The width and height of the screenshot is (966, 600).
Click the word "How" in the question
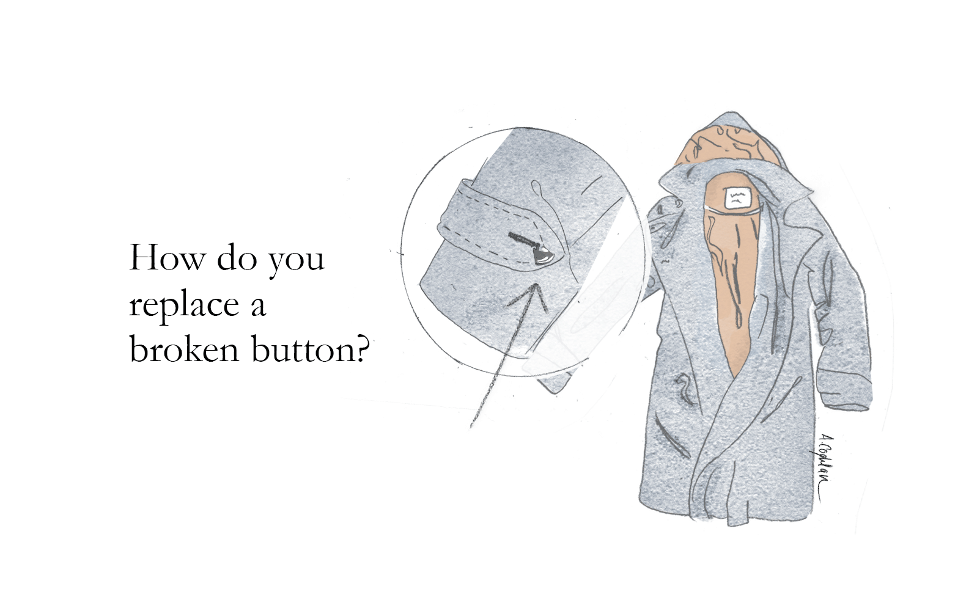click(x=166, y=258)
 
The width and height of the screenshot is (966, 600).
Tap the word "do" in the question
click(x=237, y=259)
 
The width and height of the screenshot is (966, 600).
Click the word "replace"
click(x=183, y=305)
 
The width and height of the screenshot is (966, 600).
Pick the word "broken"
click(x=183, y=349)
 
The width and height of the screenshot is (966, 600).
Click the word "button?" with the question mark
click(x=311, y=350)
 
